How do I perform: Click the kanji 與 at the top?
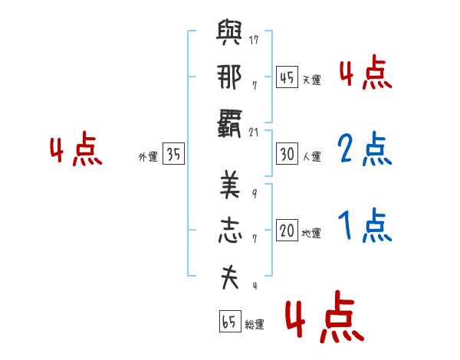tap(229, 32)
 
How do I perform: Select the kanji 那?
tap(229, 77)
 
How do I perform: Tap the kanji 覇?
tap(229, 123)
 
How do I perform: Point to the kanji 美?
tap(230, 185)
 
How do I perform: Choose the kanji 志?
tap(230, 230)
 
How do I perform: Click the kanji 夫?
tap(230, 277)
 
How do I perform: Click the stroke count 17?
tap(254, 40)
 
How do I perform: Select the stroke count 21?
tap(254, 133)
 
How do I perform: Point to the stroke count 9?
tap(255, 194)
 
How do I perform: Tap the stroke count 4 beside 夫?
tap(255, 285)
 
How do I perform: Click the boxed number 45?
tap(287, 77)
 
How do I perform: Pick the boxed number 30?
tap(287, 154)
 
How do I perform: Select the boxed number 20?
tap(287, 230)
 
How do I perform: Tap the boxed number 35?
tap(173, 153)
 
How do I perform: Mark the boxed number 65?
tap(230, 321)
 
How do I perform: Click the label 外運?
tap(148, 157)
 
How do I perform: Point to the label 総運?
tap(255, 325)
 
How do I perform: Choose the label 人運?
tap(311, 156)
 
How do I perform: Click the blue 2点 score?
tap(365, 149)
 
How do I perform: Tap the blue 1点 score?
tap(365, 225)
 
